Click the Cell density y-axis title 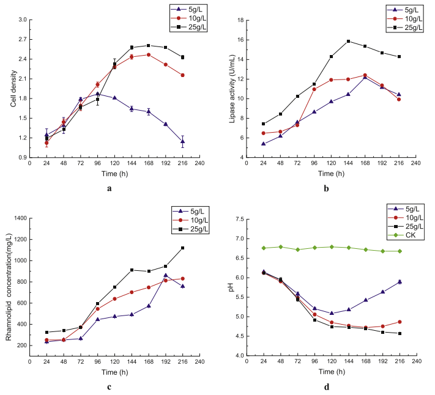point(13,89)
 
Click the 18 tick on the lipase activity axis point(241,20)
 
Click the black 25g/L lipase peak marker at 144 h point(348,42)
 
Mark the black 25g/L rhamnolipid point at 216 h point(182,248)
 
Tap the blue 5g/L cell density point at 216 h point(182,141)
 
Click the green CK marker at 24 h point(263,248)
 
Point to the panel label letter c point(109,386)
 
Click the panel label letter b point(327,188)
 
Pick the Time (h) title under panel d point(330,372)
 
